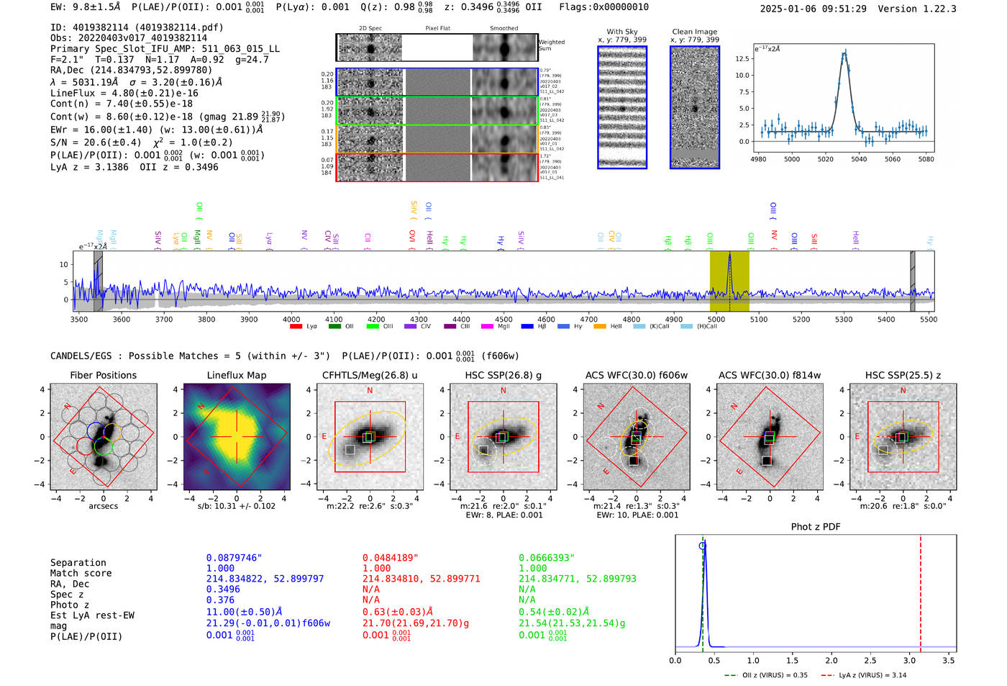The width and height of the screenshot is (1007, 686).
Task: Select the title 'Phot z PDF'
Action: point(816,527)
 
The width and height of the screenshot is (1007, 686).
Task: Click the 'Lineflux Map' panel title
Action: point(236,375)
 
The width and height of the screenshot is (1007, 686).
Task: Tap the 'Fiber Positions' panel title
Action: point(103,375)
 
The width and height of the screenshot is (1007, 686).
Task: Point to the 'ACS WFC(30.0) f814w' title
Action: point(769,375)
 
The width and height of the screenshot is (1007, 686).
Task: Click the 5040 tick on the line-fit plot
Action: point(859,159)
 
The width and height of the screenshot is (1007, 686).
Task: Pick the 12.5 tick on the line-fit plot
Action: point(743,59)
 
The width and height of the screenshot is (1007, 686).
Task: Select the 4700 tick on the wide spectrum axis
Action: point(589,319)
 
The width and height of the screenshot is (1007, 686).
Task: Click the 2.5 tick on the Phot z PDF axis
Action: point(870,660)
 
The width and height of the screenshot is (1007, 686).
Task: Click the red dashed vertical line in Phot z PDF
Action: point(921,590)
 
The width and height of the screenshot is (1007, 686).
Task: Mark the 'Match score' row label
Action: point(81,573)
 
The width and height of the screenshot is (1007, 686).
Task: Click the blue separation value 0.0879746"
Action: point(234,558)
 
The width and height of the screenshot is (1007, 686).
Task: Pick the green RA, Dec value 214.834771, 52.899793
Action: point(577,579)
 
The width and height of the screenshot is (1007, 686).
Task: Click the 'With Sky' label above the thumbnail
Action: point(622,32)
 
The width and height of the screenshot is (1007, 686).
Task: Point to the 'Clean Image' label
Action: point(694,32)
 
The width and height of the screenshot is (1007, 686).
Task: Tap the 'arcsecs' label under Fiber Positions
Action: point(103,506)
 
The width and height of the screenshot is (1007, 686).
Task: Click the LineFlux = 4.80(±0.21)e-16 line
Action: point(124,93)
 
